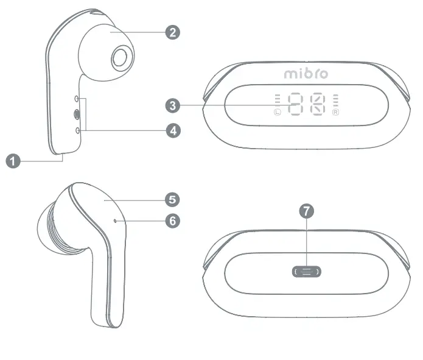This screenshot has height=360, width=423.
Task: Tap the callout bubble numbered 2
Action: click(173, 32)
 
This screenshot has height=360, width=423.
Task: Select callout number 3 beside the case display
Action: click(173, 106)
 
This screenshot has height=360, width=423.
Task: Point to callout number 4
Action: click(173, 130)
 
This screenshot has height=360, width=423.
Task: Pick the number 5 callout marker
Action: click(173, 199)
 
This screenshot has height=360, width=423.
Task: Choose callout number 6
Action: click(173, 220)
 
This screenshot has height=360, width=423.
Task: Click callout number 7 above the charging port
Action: click(307, 211)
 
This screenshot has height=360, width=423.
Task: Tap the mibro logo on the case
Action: click(306, 74)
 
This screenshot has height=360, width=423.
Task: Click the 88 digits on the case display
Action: click(306, 105)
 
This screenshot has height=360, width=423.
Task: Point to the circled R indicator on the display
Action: click(335, 112)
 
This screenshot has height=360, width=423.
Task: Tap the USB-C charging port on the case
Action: click(307, 272)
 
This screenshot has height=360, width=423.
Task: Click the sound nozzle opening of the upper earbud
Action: click(119, 58)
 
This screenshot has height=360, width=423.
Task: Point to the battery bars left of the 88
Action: click(278, 100)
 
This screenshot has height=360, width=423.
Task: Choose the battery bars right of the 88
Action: click(335, 100)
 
